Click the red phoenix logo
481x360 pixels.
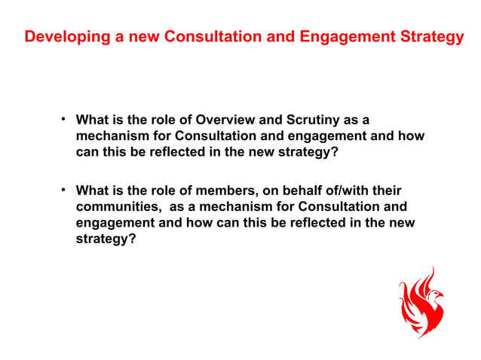[x=421, y=303]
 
